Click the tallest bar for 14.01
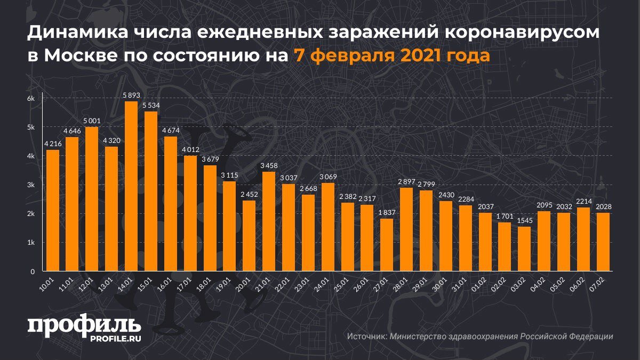point(131,187)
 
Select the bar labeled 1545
point(524,249)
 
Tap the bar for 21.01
point(269,221)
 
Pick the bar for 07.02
point(603,242)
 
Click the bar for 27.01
point(388,245)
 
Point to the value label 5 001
point(92,121)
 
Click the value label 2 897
point(407,181)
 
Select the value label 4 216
point(53,143)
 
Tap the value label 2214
point(583,201)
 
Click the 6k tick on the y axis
point(31,99)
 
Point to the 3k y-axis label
point(31,185)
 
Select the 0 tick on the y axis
point(33,271)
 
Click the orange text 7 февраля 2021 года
point(390,55)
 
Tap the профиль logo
point(84,326)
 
